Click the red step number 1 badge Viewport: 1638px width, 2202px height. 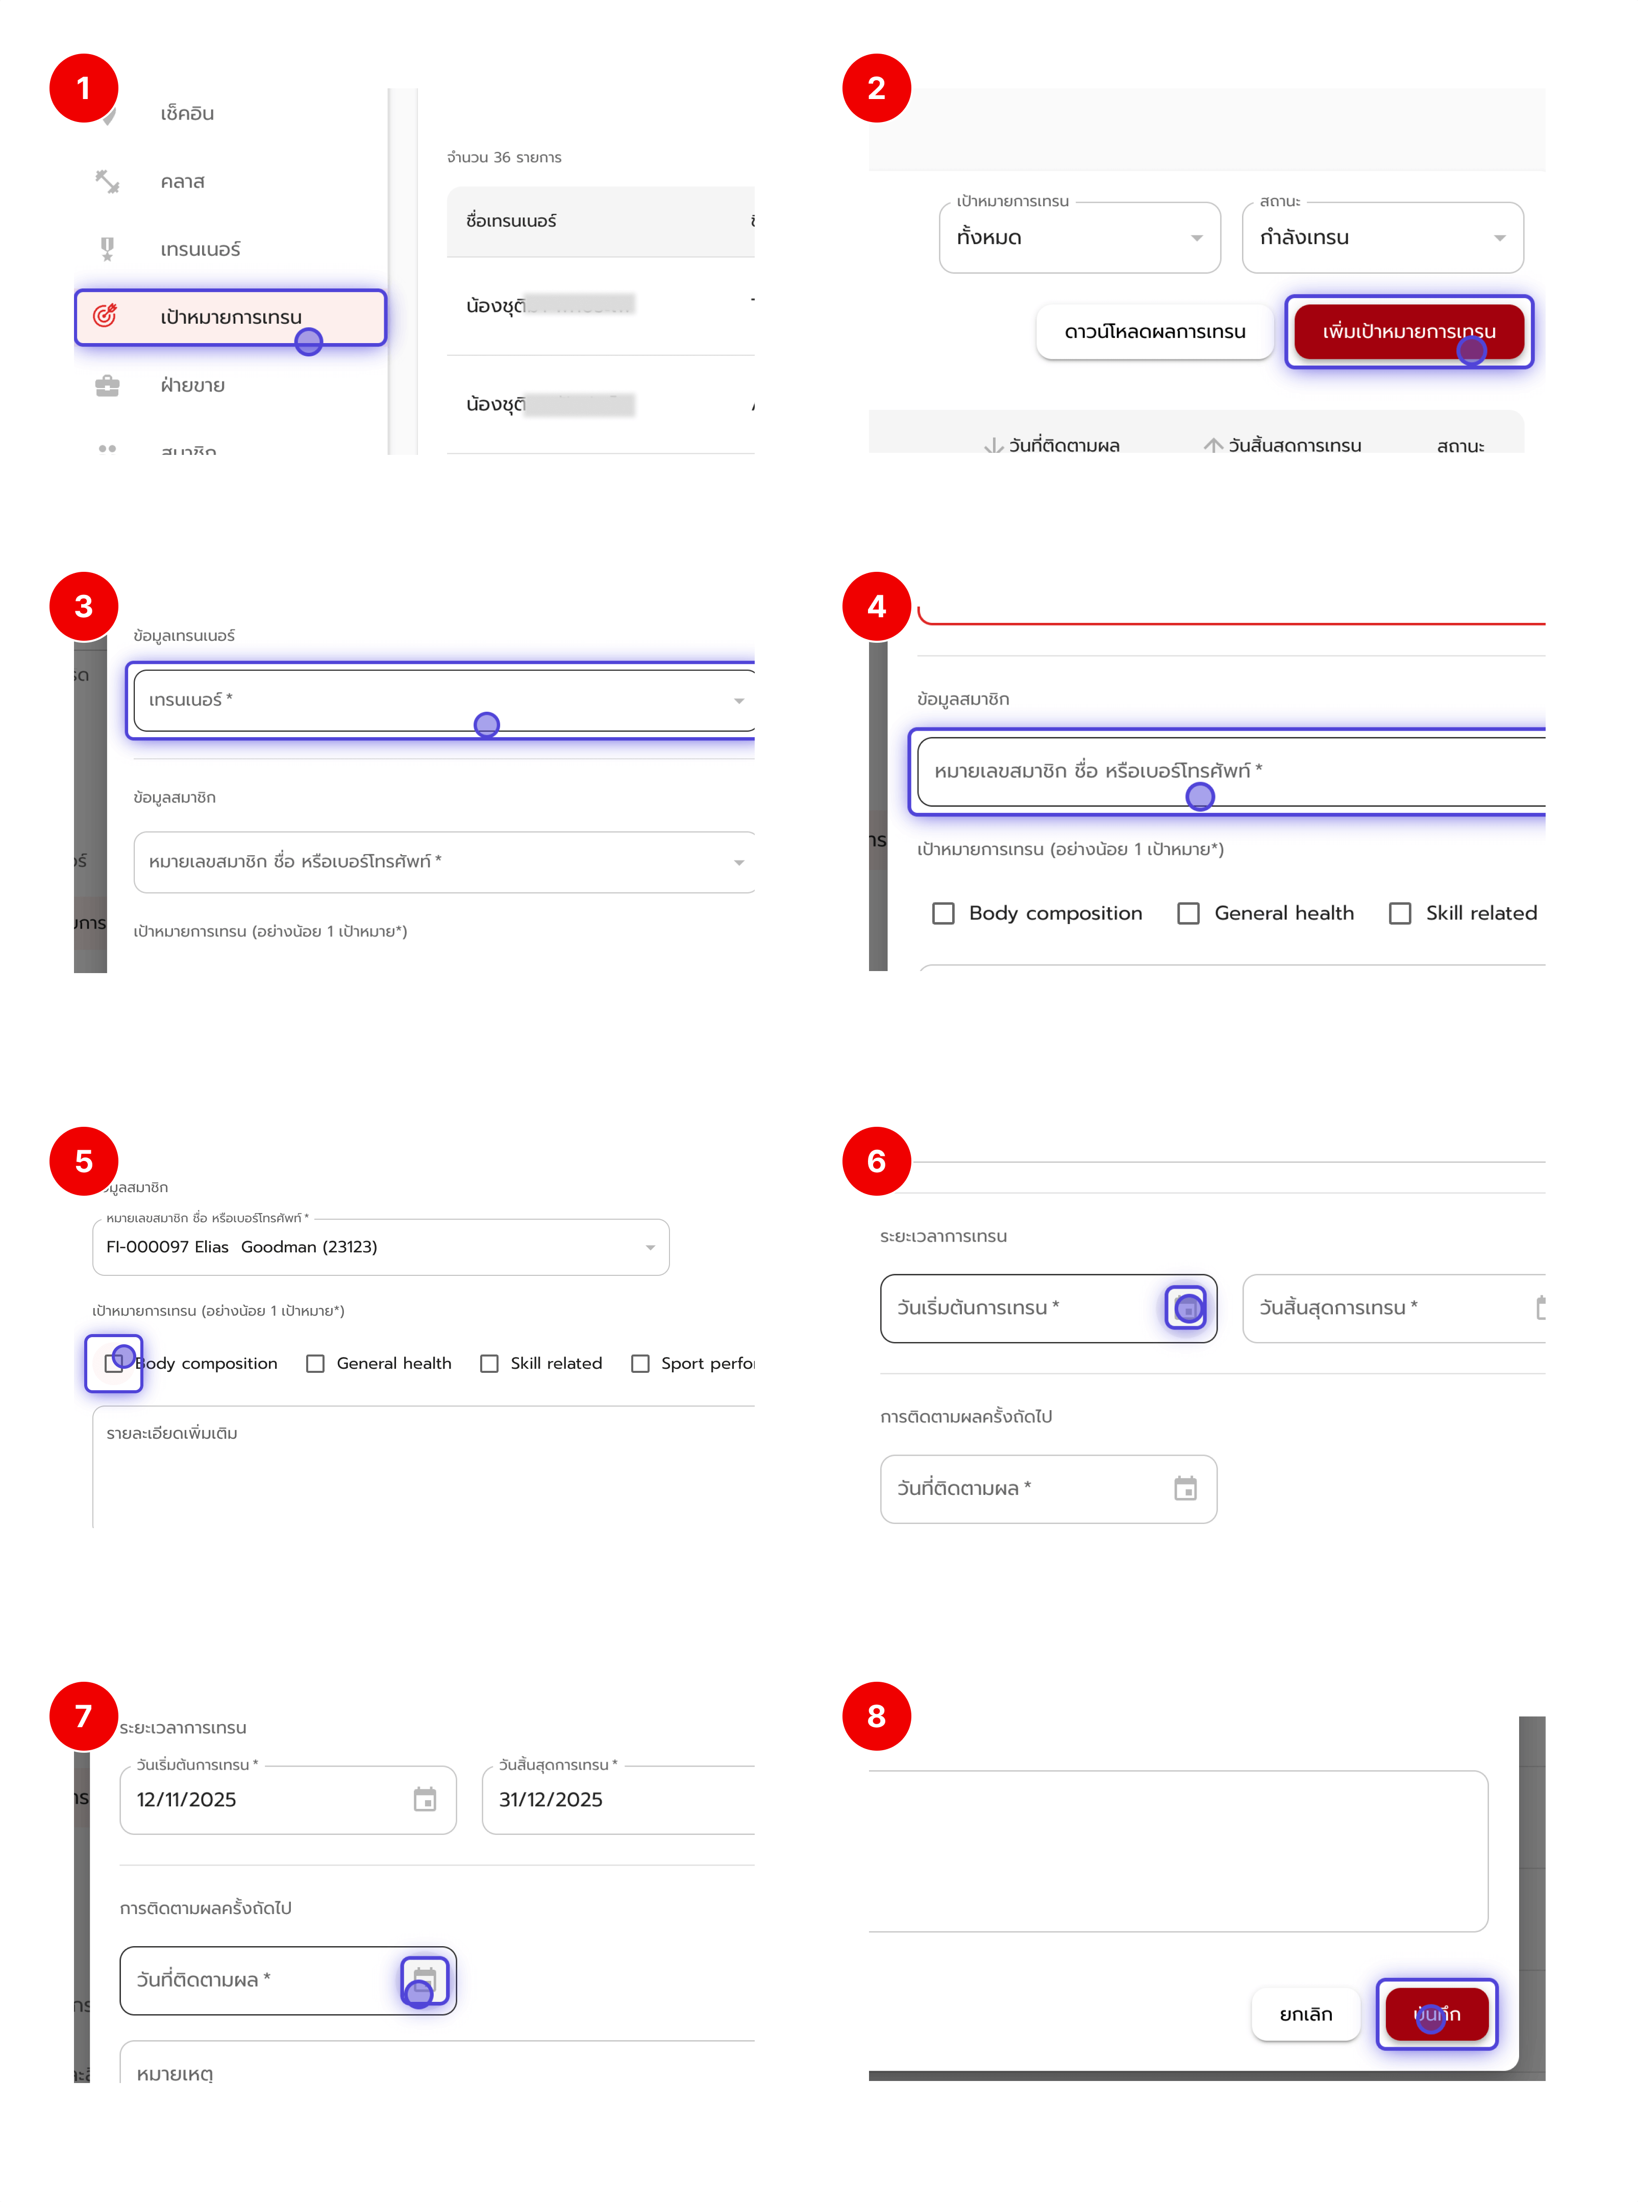(83, 88)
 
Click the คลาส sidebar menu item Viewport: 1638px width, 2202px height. (183, 182)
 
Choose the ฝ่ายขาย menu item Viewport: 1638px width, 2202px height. (192, 385)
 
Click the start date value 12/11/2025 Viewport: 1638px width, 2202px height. (186, 1799)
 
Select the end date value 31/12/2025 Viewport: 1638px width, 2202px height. (550, 1799)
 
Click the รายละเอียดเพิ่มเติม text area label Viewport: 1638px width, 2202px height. (172, 1433)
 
